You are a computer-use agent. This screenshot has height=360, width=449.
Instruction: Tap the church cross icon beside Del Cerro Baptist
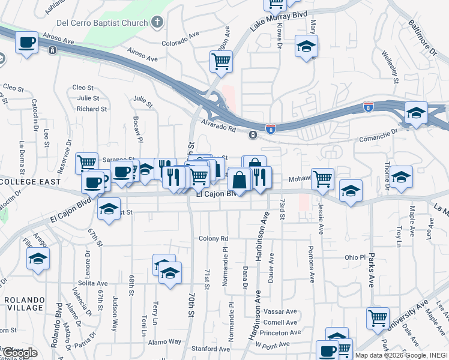tap(157, 23)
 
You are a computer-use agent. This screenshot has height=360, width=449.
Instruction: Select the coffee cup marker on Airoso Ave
tap(26, 43)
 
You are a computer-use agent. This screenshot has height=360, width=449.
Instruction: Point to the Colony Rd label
tap(214, 238)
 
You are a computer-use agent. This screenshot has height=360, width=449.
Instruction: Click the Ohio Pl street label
tap(355, 257)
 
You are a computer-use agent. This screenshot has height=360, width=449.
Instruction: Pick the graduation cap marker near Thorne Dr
tap(401, 177)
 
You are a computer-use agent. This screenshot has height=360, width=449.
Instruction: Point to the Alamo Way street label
tap(166, 341)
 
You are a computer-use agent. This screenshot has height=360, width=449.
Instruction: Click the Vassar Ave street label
tap(283, 311)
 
